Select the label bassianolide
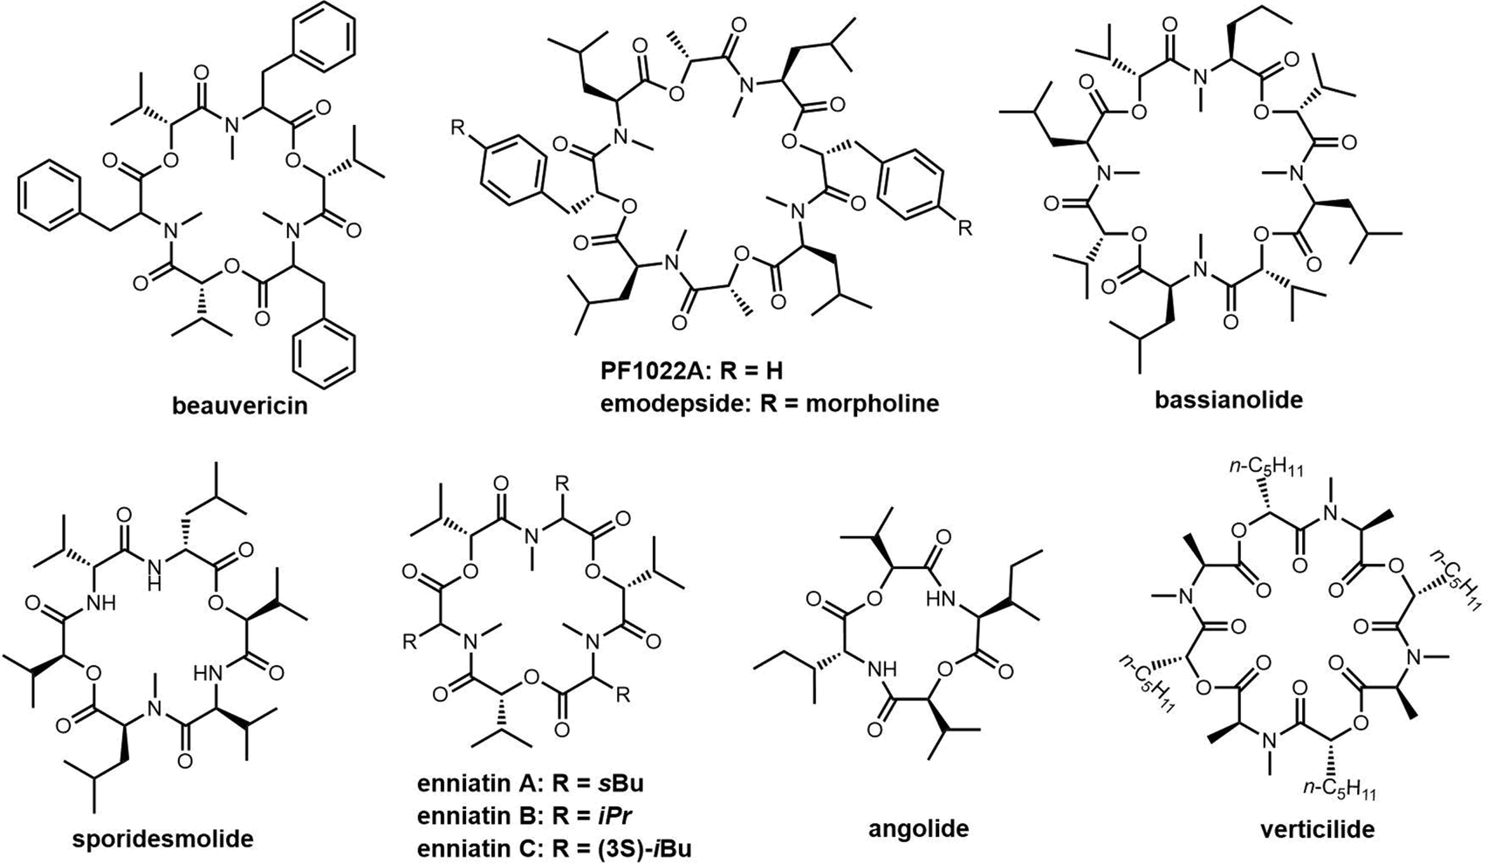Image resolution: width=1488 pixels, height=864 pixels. click(1229, 401)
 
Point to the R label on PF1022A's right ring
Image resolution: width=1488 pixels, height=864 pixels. click(963, 230)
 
